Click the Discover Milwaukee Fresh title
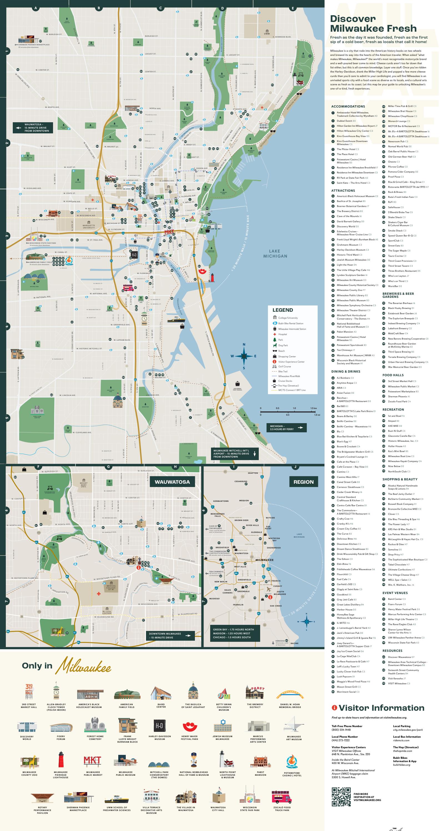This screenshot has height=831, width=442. (x=373, y=24)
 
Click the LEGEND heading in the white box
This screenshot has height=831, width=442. (x=282, y=310)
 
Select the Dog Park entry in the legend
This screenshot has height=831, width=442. (x=283, y=345)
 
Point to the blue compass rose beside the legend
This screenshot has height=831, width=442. (x=244, y=356)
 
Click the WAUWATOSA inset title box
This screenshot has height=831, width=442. (x=172, y=482)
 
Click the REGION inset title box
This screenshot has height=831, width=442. (x=303, y=482)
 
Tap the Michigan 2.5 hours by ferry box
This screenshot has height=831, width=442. (x=286, y=428)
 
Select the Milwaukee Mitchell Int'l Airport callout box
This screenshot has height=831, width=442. (x=235, y=454)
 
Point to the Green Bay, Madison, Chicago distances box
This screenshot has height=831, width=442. (x=233, y=633)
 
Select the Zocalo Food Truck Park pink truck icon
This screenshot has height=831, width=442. (x=282, y=797)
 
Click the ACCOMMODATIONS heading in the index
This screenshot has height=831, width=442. (x=348, y=106)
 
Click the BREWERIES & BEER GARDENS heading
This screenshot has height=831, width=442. (x=398, y=295)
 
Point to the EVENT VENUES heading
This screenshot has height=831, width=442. (x=395, y=593)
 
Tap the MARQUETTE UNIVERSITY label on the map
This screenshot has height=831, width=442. (x=89, y=226)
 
